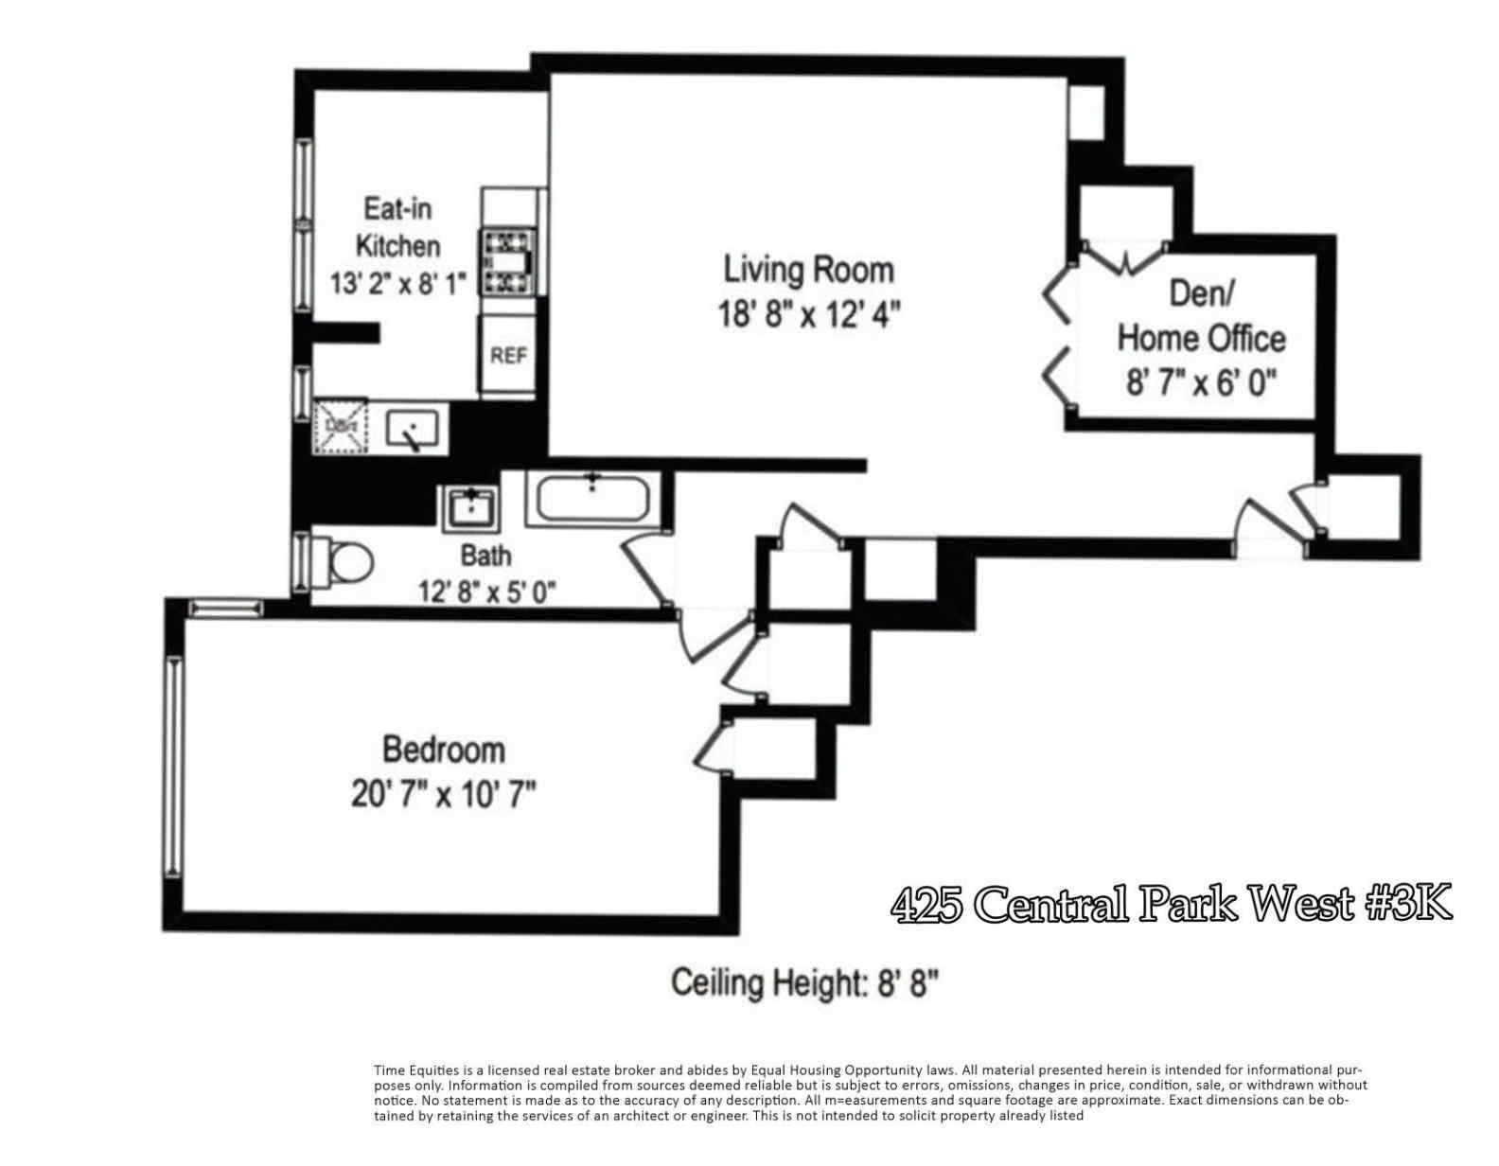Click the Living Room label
click(x=808, y=270)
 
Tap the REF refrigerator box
click(x=508, y=356)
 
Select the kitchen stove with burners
click(x=509, y=261)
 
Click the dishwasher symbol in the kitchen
click(x=341, y=426)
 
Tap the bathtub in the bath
click(x=592, y=498)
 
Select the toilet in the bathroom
click(x=345, y=564)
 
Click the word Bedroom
click(x=443, y=750)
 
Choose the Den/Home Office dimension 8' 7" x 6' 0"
click(x=1201, y=383)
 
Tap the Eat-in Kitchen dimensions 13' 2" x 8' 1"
click(x=397, y=283)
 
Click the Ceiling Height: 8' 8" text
click(x=804, y=983)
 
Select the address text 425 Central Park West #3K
click(x=1171, y=904)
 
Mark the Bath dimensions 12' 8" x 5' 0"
click(x=486, y=592)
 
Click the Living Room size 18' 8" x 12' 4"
click(x=808, y=314)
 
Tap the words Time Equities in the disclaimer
click(x=410, y=1070)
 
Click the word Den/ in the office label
click(x=1201, y=293)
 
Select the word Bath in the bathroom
click(x=485, y=555)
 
